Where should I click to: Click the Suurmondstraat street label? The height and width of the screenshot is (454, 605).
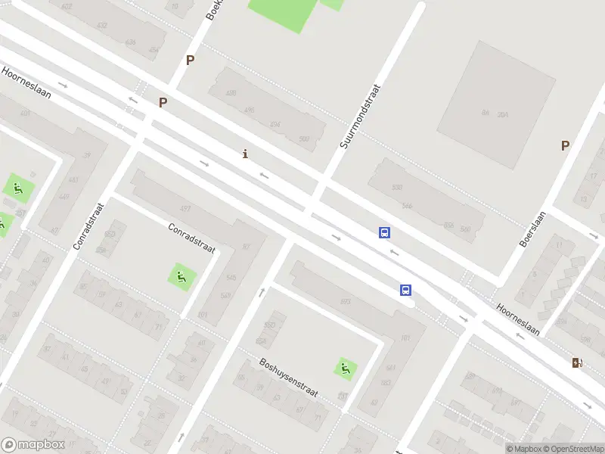coord(360,116)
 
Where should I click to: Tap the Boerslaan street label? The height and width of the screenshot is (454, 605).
coord(532,229)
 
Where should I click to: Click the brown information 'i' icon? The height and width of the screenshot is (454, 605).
coord(244,154)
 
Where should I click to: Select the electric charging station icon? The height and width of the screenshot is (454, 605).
coord(578,362)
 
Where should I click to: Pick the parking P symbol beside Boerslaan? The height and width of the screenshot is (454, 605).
coord(565,146)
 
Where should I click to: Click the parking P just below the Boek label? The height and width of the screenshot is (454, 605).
coord(190,61)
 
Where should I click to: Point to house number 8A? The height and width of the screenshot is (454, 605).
coord(485,113)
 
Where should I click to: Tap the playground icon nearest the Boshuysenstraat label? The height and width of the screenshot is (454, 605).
coord(346,368)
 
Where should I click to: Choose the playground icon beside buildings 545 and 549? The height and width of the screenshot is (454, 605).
coord(181,277)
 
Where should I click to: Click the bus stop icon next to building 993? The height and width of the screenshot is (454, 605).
coord(406,290)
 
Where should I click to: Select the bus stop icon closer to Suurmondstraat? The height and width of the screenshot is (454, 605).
coord(385,233)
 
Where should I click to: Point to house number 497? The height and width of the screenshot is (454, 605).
coord(185,208)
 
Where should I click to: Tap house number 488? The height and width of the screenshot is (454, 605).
coord(231,93)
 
